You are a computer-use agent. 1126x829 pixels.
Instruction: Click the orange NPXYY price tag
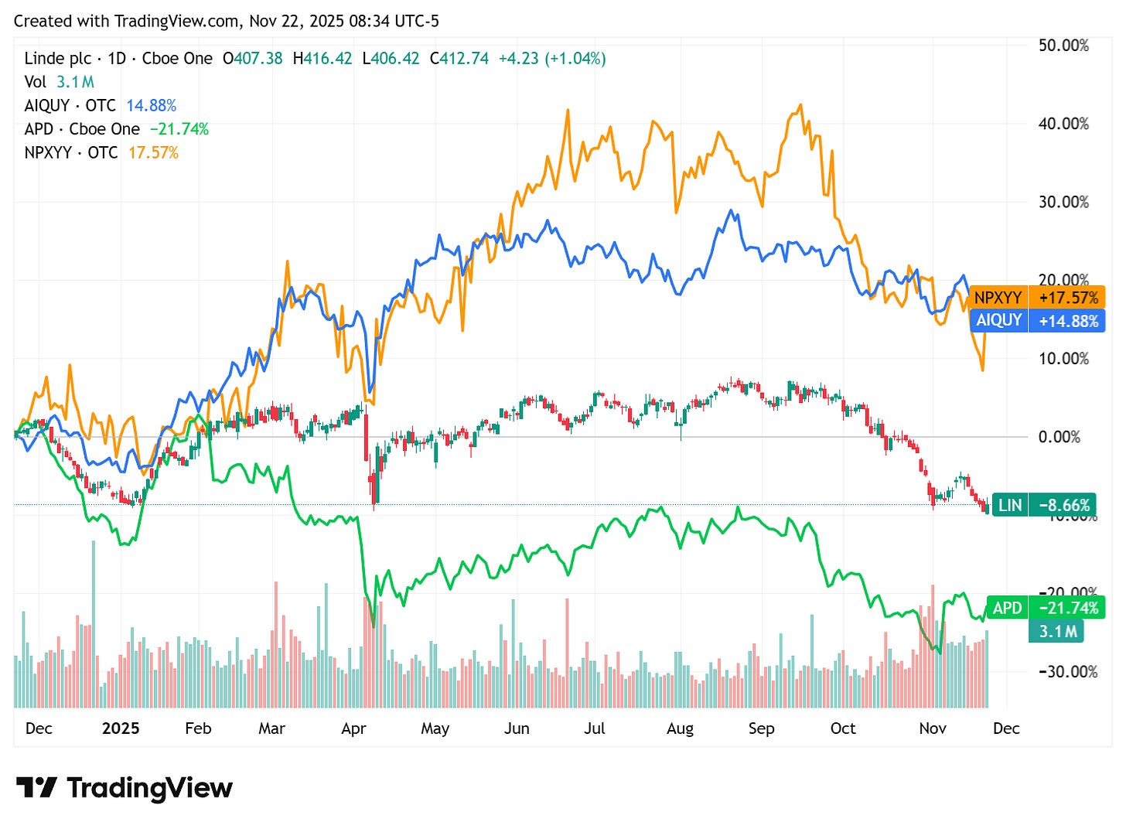[1036, 298]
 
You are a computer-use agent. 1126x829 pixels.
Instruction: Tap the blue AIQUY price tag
[1036, 321]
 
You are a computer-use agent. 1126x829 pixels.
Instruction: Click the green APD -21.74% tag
[1044, 608]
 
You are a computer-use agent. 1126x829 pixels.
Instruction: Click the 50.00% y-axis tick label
[1063, 45]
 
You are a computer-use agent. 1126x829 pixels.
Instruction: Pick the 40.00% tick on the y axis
[1063, 124]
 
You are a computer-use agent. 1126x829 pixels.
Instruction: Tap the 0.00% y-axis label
[1059, 437]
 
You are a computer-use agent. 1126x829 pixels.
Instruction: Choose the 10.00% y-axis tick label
[1063, 359]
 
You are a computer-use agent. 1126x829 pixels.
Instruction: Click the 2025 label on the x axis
[121, 728]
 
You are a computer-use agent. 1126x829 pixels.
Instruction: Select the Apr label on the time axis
[353, 728]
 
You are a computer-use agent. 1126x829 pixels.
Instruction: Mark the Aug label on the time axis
[680, 728]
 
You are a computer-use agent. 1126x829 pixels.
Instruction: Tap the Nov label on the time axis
[933, 728]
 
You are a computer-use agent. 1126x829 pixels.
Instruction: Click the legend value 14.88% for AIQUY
[151, 106]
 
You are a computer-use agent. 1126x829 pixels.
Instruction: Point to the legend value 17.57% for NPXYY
[153, 153]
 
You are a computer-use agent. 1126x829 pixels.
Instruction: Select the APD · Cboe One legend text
[82, 129]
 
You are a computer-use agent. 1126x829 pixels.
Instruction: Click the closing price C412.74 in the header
[459, 59]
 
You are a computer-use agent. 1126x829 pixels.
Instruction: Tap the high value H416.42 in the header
[322, 59]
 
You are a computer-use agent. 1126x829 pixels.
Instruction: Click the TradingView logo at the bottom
[124, 788]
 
